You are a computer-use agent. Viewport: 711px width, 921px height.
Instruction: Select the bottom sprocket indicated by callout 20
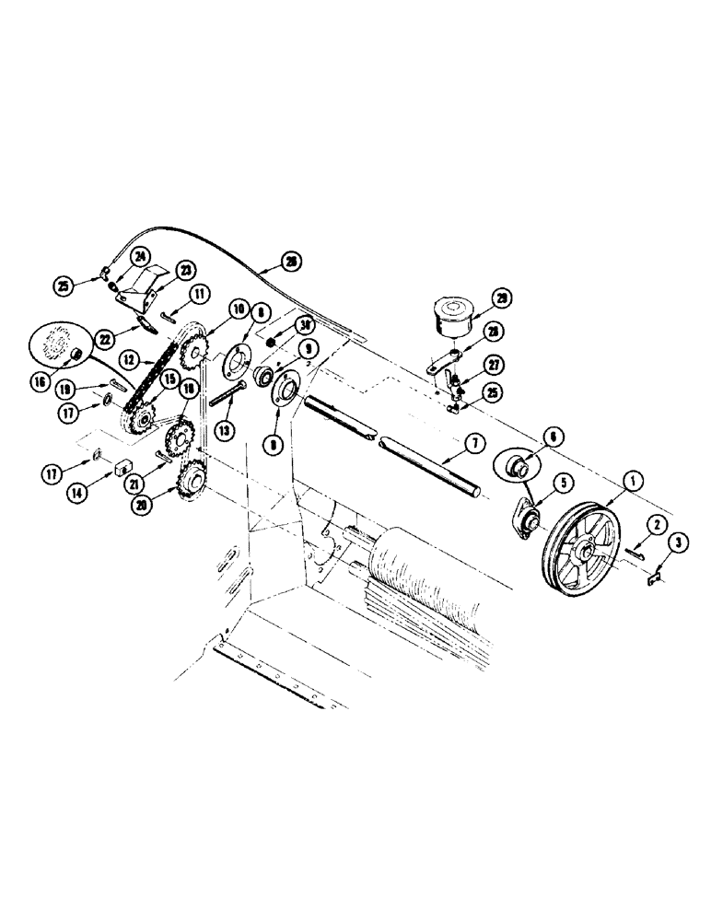coord(192,478)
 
